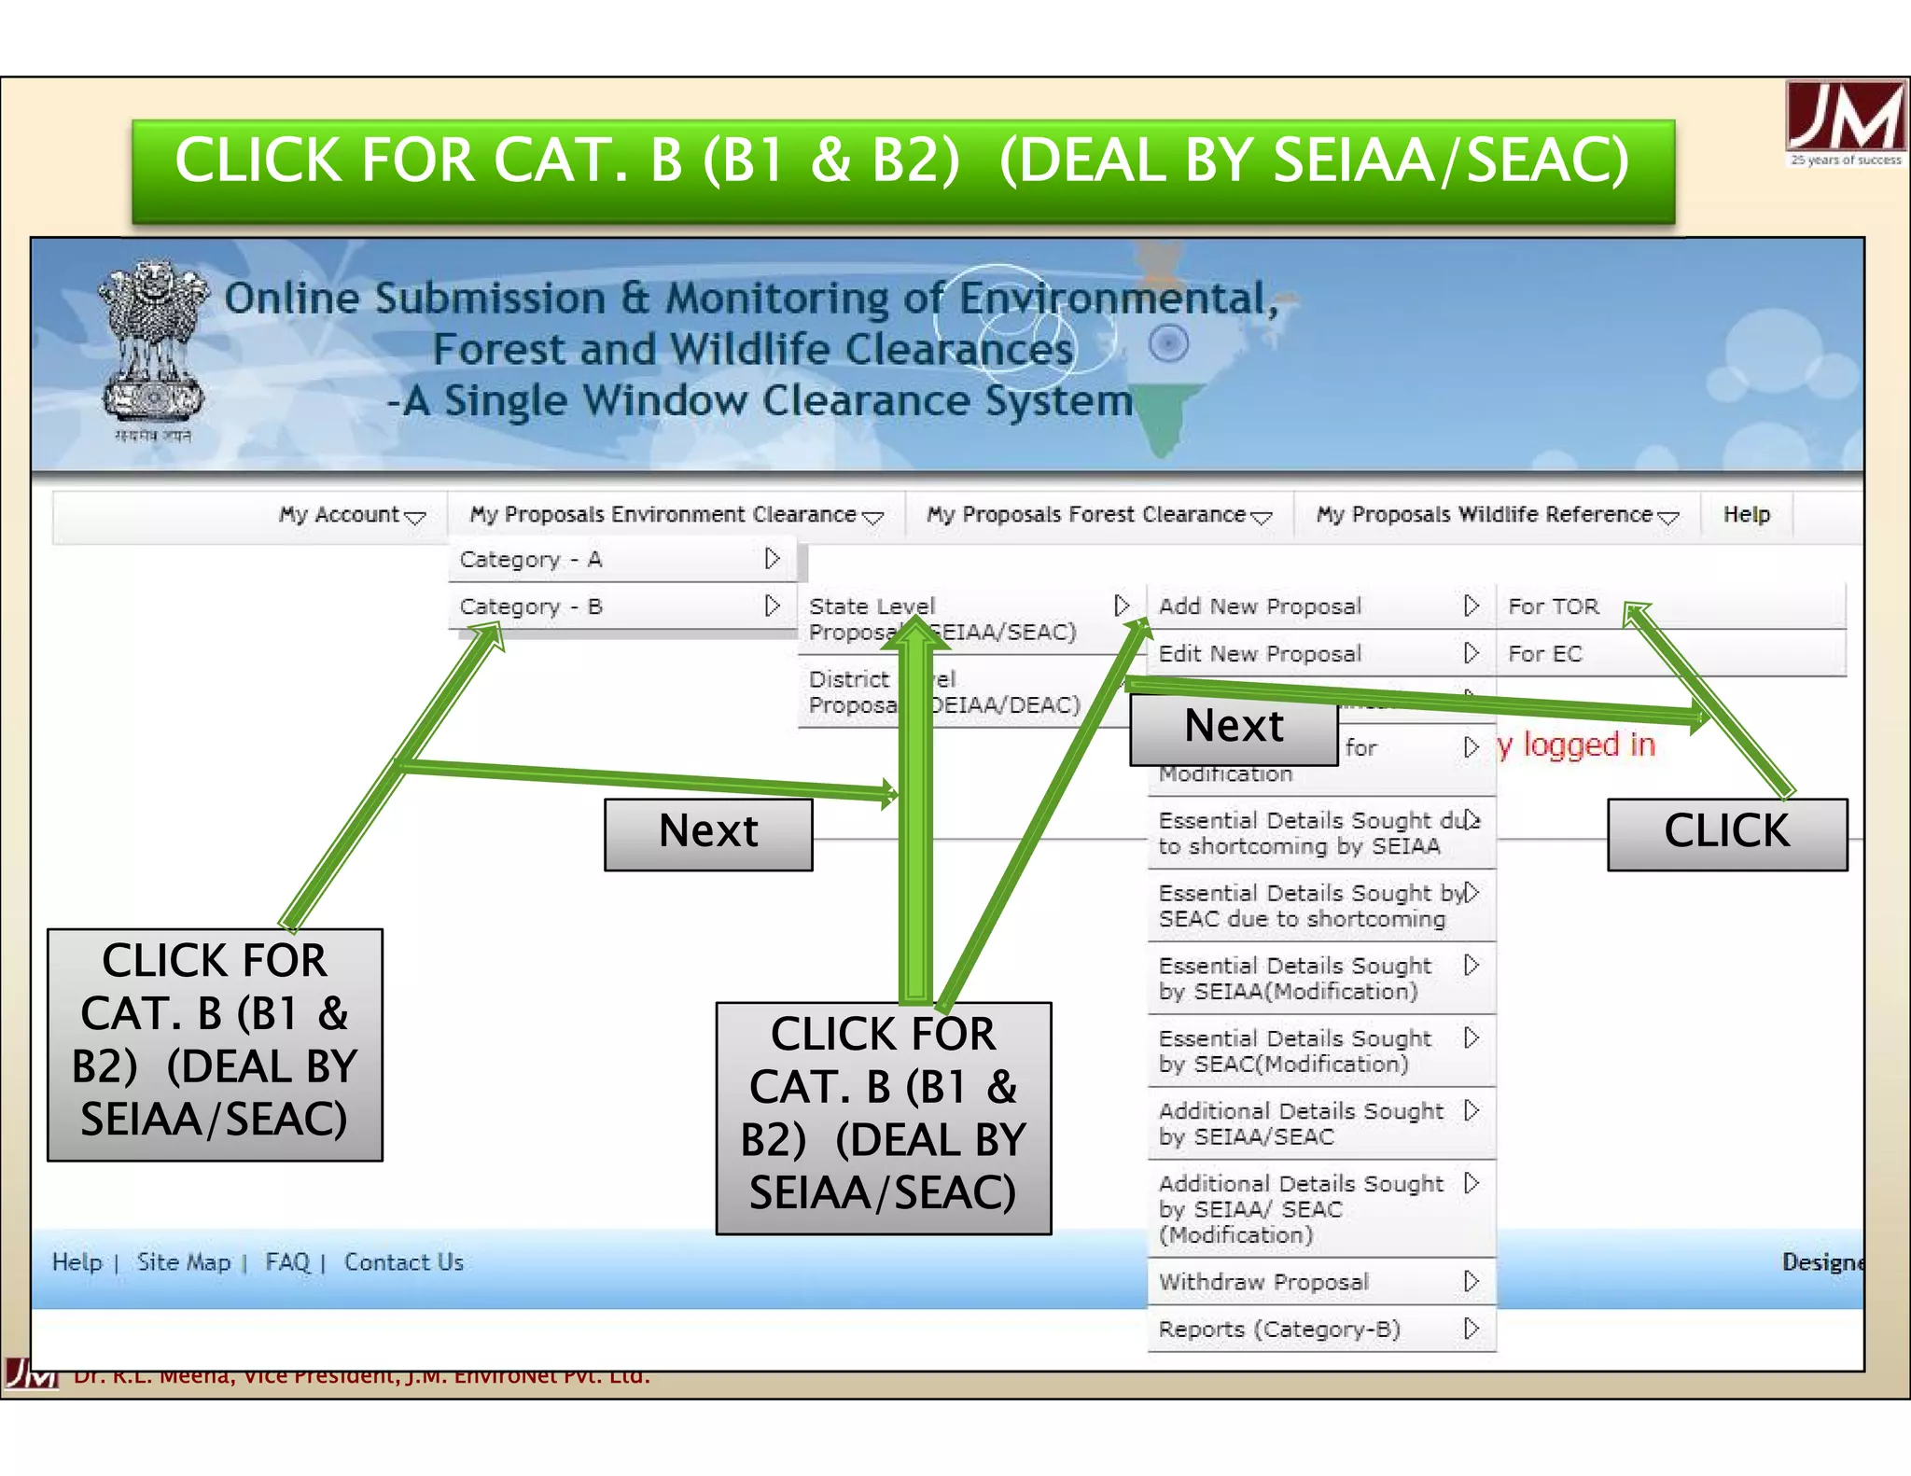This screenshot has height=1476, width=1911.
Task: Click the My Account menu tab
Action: tap(351, 515)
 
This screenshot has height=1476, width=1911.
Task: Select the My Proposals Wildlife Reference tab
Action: tap(1496, 515)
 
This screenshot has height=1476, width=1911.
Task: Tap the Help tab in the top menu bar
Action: tap(1746, 515)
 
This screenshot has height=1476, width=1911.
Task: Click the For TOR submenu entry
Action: tap(1555, 606)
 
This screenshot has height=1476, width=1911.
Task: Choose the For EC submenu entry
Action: tap(1546, 654)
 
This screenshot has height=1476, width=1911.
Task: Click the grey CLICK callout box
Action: tap(1726, 833)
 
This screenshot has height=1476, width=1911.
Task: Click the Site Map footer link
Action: tap(184, 1262)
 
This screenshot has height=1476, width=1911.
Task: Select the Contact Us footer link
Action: tap(403, 1262)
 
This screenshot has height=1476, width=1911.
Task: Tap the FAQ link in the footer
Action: tap(287, 1262)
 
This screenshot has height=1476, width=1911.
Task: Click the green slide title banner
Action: tap(902, 170)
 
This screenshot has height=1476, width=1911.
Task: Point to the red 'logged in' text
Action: tap(1577, 745)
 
